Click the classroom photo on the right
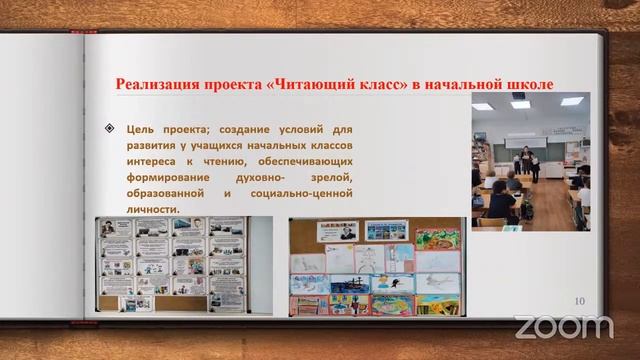pos(531,160)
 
